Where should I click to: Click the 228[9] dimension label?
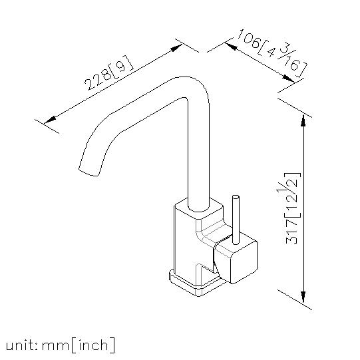pos(109,73)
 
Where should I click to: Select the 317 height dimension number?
pos(292,232)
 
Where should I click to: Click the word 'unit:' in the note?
pos(21,345)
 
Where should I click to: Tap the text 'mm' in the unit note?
pos(56,346)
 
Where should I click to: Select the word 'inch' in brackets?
pos(93,345)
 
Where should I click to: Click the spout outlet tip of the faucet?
pos(88,172)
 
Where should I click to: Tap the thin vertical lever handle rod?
pos(236,220)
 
